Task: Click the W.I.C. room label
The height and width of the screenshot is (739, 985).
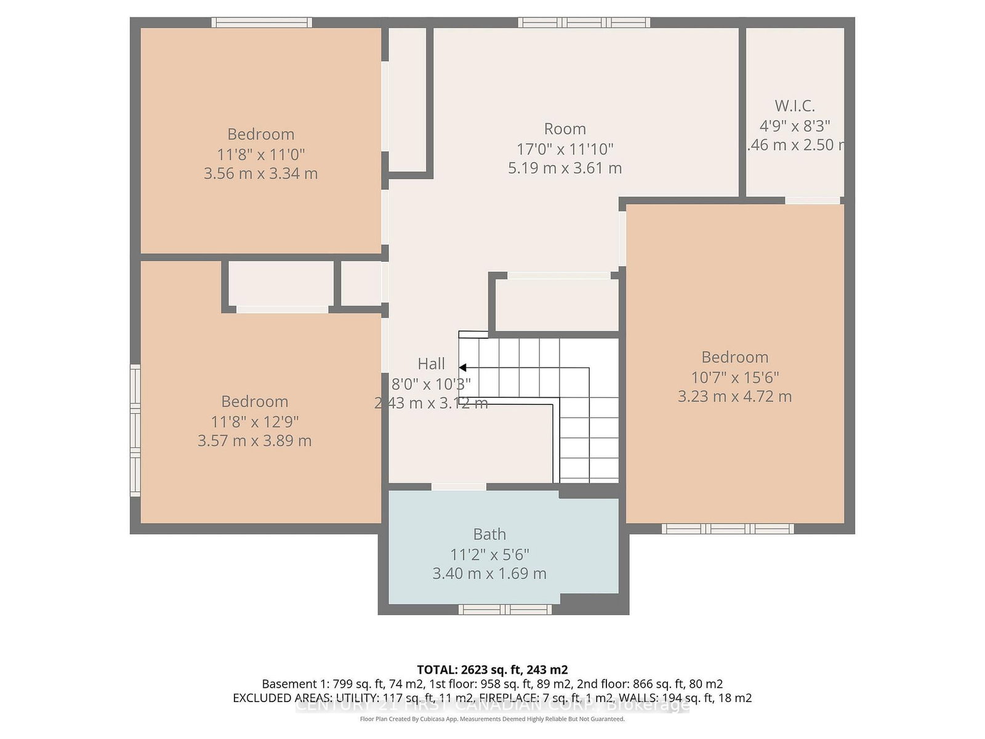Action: pos(794,106)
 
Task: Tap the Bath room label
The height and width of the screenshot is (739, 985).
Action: pos(489,535)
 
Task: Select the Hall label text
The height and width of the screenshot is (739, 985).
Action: pos(431,364)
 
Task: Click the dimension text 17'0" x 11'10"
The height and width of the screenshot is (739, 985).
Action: pos(565,149)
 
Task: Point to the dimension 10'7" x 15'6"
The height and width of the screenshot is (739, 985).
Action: pos(734,377)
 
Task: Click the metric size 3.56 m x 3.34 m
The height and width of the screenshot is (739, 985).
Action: pos(260,174)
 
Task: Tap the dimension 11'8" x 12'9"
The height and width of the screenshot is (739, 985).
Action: pos(254,422)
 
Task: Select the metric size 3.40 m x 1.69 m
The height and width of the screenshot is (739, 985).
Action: pos(489,574)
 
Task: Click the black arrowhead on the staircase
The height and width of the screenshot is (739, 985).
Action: pos(462,368)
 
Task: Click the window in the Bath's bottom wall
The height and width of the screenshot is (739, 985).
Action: pos(505,610)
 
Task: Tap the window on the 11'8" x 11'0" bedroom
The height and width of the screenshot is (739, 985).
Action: pos(262,23)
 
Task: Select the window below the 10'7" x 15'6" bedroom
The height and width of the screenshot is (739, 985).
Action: pos(728,528)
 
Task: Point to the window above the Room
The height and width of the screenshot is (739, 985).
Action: pos(584,23)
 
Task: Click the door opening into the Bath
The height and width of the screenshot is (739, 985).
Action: pos(459,487)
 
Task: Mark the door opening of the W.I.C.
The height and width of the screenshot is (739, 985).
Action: pos(813,200)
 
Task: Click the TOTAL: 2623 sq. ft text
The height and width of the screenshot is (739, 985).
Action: pos(492,669)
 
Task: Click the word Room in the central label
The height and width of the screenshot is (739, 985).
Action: pos(565,129)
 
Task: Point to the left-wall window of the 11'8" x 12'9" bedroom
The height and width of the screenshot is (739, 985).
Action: pos(135,430)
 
